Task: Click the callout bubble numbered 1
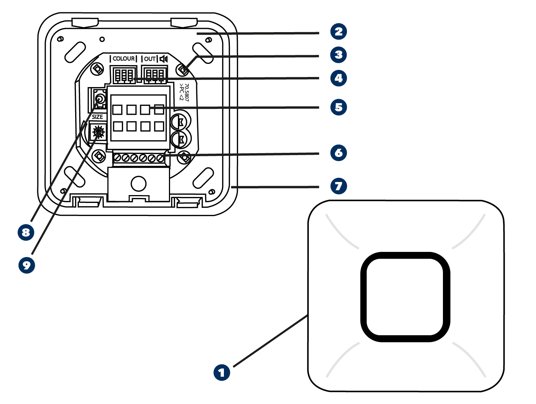(x=222, y=372)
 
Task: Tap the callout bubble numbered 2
(x=339, y=31)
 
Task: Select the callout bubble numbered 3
(x=339, y=55)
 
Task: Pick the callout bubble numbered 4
(x=339, y=78)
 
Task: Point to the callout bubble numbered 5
(x=339, y=107)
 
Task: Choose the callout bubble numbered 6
(x=339, y=152)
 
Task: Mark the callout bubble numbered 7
(x=339, y=186)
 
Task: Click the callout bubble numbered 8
(x=26, y=232)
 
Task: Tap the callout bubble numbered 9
(x=27, y=265)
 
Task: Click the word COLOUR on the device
(x=124, y=59)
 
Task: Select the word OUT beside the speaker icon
(x=150, y=59)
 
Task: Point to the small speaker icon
(x=164, y=59)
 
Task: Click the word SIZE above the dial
(x=97, y=117)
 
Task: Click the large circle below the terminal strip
(x=138, y=184)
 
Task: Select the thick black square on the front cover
(x=405, y=297)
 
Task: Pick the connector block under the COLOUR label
(x=124, y=75)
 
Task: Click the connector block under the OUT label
(x=154, y=75)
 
